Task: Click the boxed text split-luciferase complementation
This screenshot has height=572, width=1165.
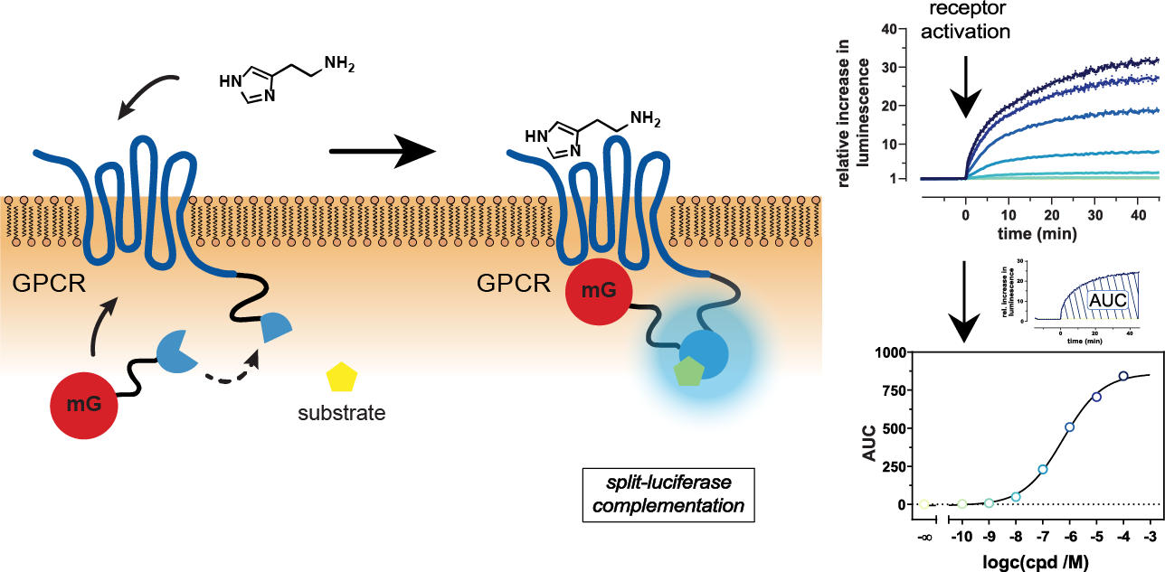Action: pos(668,495)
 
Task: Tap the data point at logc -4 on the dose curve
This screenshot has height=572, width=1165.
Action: pos(1123,376)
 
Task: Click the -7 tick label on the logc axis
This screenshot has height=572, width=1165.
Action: pos(1041,539)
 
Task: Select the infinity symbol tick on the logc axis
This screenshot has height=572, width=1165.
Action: pos(924,539)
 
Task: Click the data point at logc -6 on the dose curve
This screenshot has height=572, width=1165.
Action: pos(1070,427)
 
